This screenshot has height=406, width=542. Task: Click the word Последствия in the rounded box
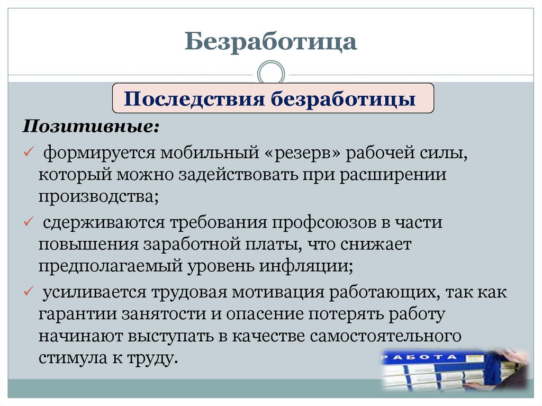click(194, 99)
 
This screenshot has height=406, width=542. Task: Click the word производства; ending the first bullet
click(98, 196)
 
